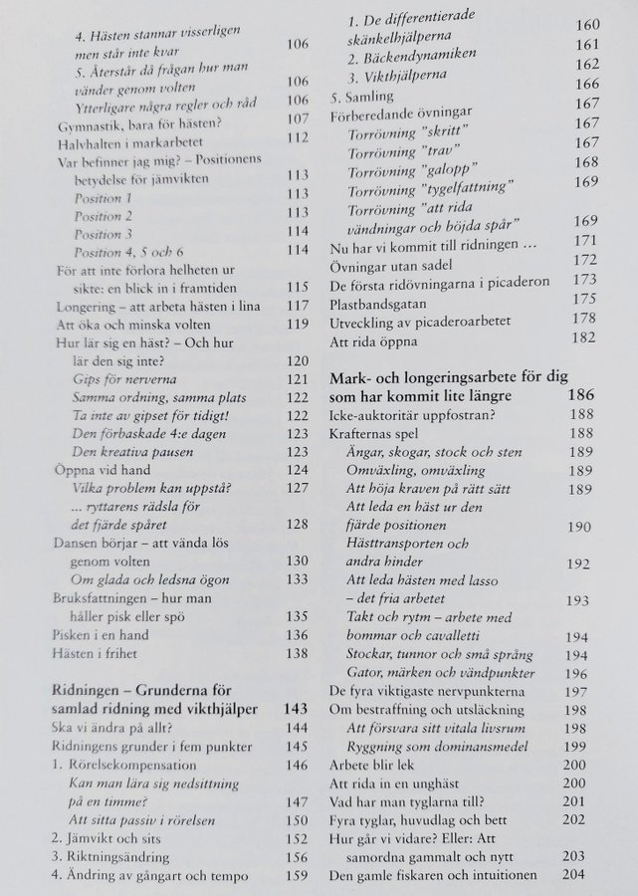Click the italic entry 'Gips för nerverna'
123,380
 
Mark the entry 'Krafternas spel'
373,434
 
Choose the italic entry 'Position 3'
105,232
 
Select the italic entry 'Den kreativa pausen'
130,450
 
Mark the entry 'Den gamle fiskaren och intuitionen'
433,876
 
